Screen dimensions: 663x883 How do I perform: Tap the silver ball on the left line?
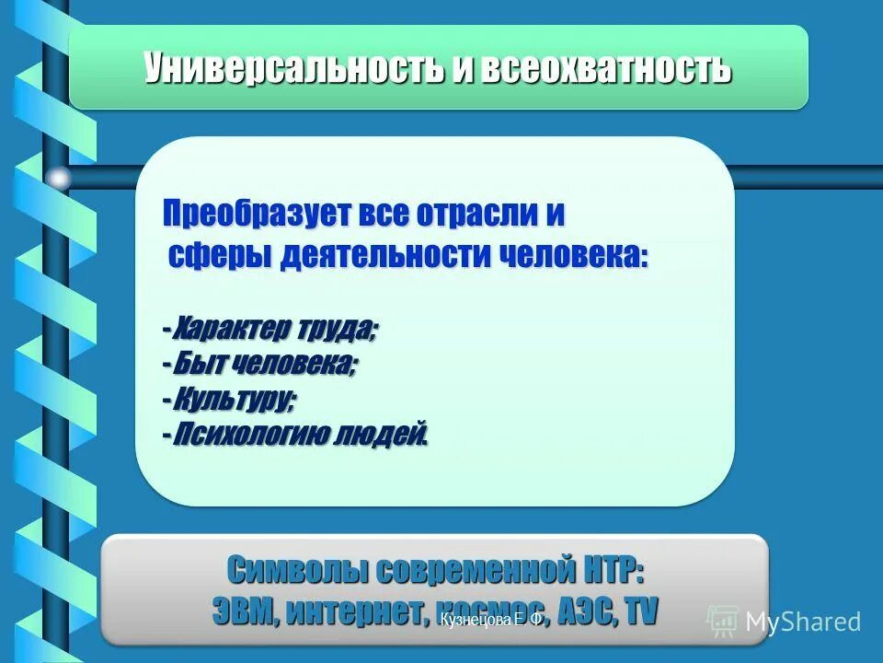click(59, 178)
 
